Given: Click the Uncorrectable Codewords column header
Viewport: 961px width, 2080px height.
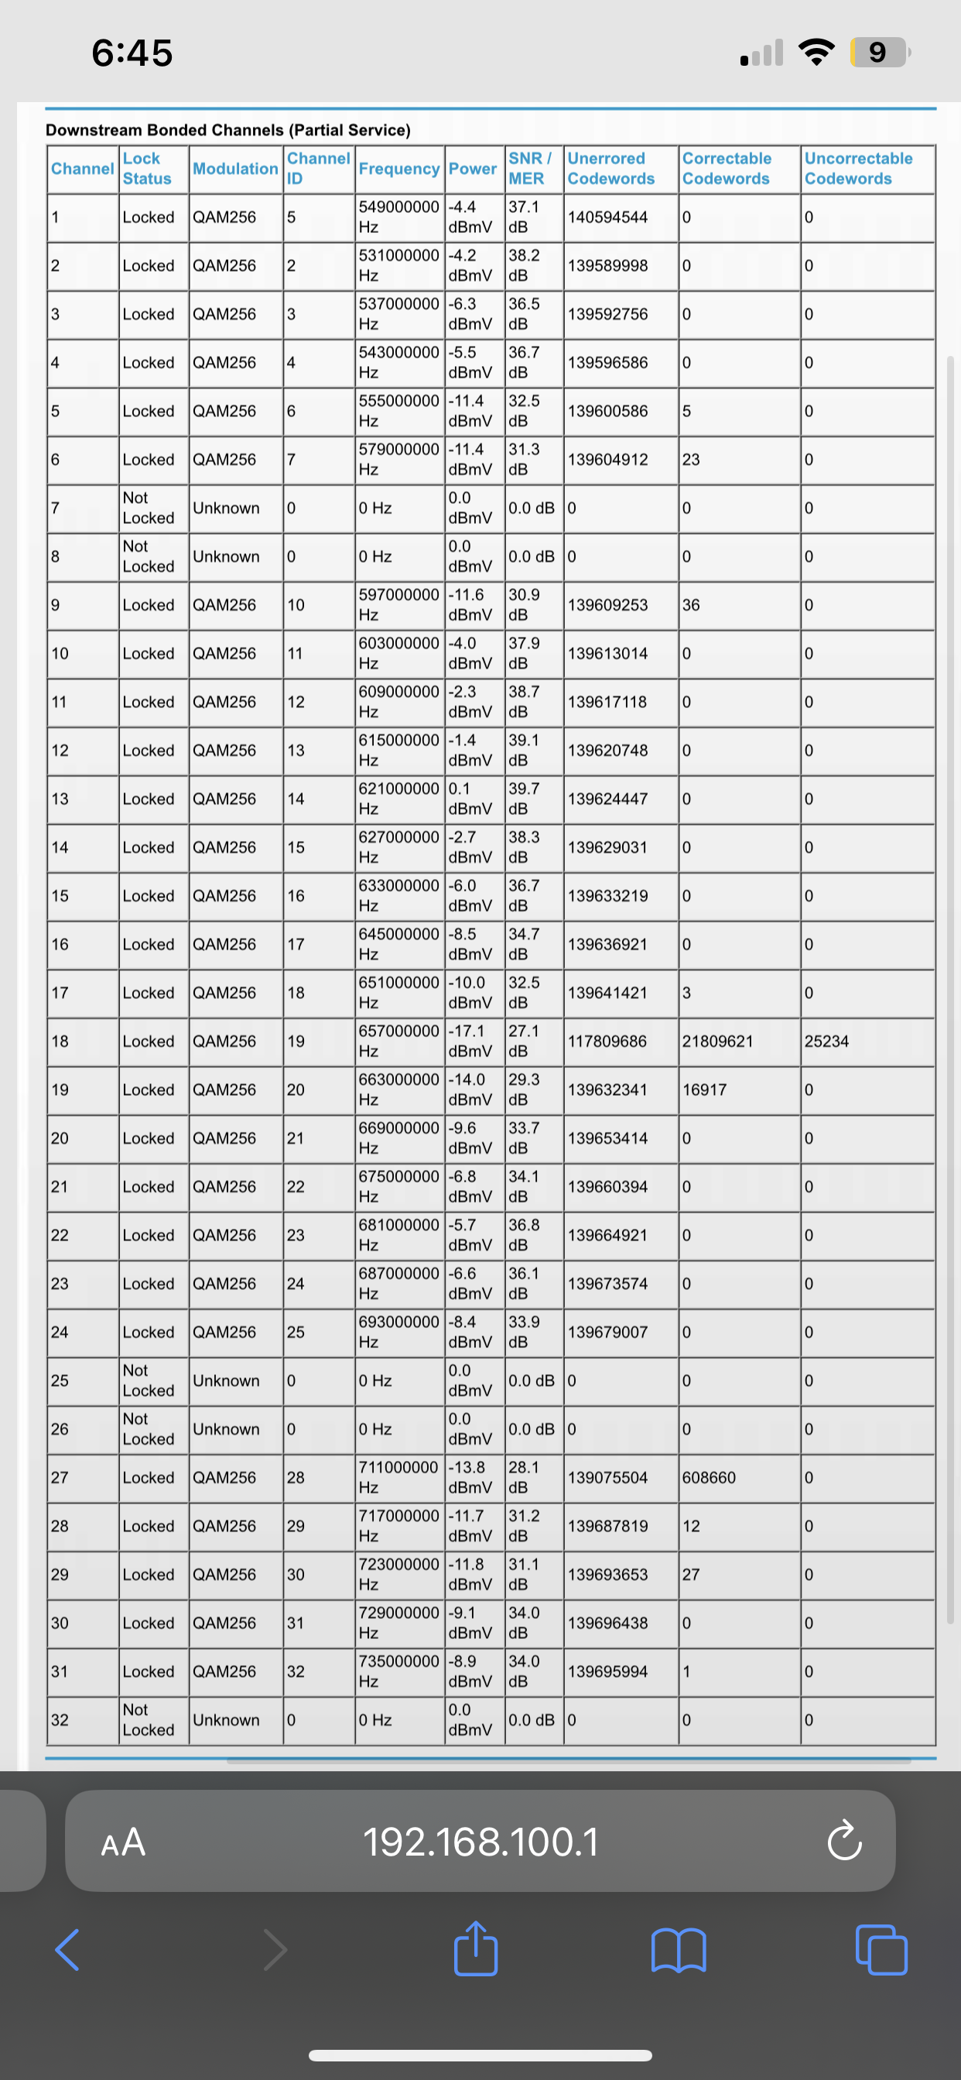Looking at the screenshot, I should click(x=858, y=168).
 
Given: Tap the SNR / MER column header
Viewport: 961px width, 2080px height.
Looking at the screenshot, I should click(x=530, y=168).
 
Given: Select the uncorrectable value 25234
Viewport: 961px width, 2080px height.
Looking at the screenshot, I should click(x=826, y=1041).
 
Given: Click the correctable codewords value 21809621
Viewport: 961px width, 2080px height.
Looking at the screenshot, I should click(x=717, y=1041).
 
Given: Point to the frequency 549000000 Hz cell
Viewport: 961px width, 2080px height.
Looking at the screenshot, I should click(x=399, y=217).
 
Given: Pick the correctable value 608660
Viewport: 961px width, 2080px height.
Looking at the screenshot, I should click(x=708, y=1477).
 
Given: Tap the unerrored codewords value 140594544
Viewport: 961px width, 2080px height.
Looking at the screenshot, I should click(x=607, y=217).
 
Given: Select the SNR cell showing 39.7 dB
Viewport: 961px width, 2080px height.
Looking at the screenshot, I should click(x=524, y=798).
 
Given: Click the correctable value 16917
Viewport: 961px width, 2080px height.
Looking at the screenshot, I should click(x=704, y=1090).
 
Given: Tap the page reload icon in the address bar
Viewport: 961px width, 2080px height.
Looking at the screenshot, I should click(x=844, y=1841).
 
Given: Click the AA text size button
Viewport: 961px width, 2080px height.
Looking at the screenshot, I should click(x=123, y=1842).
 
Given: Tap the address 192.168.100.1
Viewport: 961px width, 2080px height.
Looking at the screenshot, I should click(x=480, y=1842).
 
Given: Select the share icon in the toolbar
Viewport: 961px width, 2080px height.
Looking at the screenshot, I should click(x=476, y=1948).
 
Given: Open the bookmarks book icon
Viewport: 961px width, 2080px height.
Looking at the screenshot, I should click(x=679, y=1949).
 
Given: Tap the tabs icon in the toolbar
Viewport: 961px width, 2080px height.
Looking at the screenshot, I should click(x=881, y=1949).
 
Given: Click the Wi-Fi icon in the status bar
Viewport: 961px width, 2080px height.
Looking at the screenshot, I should click(x=816, y=53).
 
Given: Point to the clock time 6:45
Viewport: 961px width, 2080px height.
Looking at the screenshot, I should click(x=132, y=53).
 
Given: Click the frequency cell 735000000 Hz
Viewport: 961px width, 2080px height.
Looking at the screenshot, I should click(x=399, y=1671).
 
